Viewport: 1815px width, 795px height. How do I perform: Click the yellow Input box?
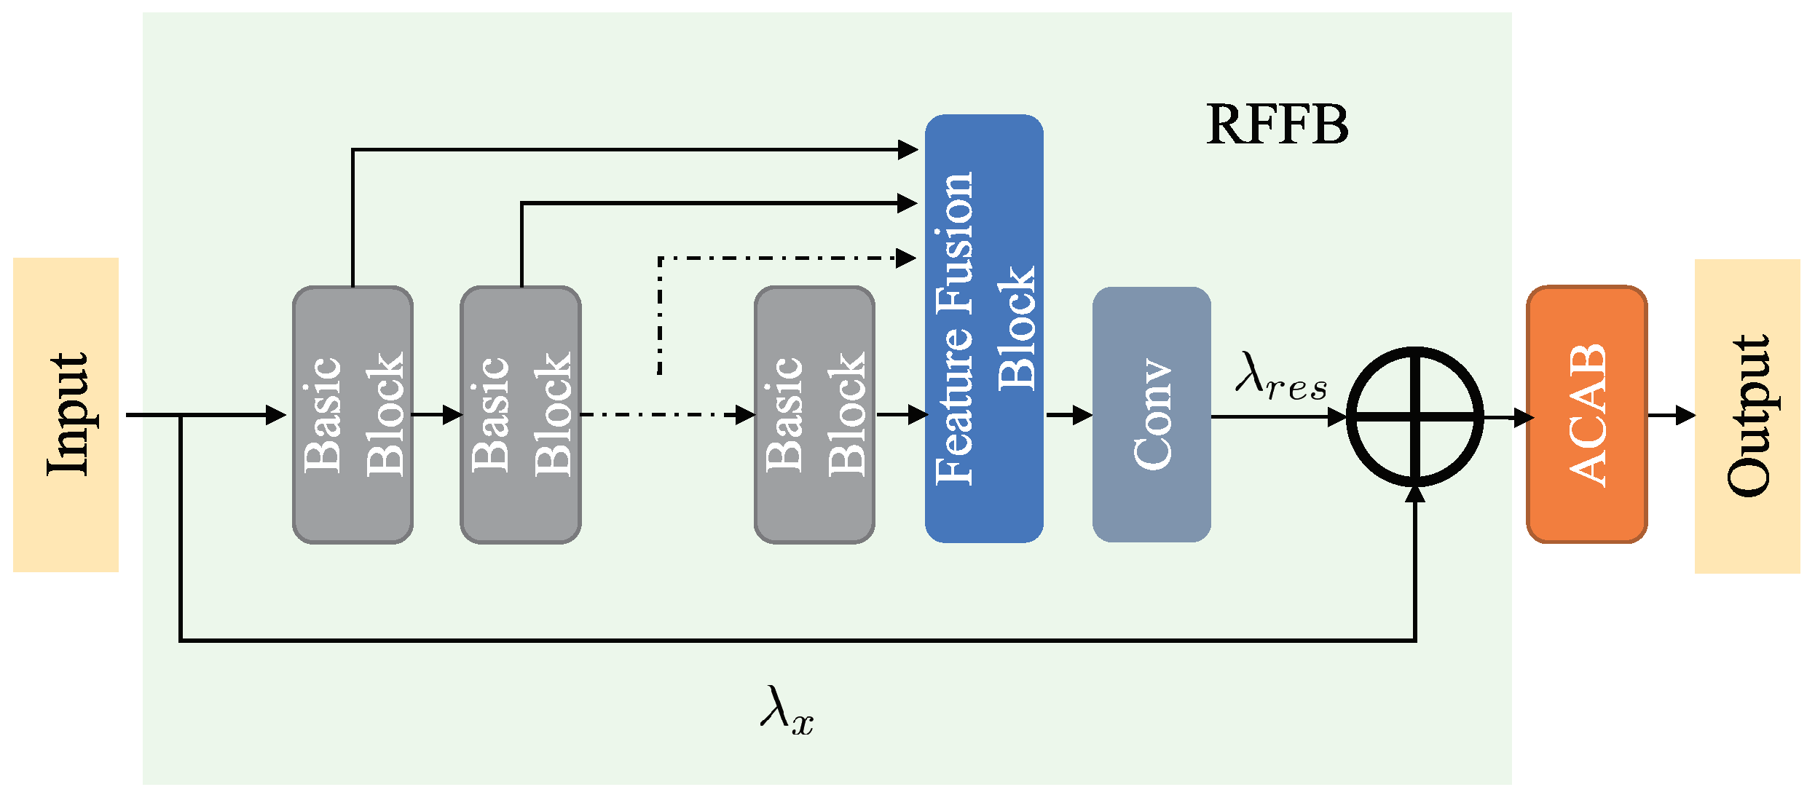66,414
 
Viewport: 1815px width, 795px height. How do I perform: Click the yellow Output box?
1747,416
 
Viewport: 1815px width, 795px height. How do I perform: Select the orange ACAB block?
1586,414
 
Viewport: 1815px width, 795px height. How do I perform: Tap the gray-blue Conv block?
1151,414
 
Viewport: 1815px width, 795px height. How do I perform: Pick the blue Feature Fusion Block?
984,328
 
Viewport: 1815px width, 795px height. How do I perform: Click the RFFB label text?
1277,124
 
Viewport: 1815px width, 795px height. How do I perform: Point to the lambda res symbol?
1280,378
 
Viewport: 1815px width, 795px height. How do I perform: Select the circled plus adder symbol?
1414,416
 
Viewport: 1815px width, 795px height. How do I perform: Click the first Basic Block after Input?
353,414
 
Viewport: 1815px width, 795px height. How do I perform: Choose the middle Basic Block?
521,414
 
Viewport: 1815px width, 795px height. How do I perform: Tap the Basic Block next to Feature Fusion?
814,414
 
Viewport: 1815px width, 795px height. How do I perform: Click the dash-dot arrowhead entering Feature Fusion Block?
906,258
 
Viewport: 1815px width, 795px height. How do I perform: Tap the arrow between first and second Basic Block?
438,415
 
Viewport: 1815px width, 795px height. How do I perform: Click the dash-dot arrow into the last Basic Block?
666,415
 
